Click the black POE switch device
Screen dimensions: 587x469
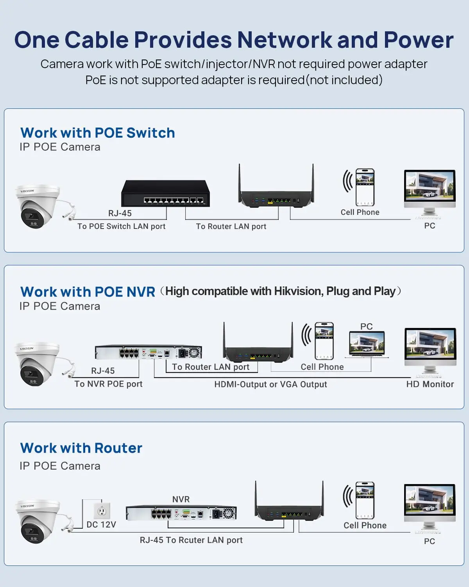tap(165, 194)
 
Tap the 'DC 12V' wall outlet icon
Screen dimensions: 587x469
tap(102, 510)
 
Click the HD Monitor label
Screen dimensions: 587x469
tap(430, 384)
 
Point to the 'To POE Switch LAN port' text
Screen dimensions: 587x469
tap(121, 226)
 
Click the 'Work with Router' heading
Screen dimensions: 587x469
tap(81, 448)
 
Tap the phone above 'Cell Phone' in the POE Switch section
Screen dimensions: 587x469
tap(365, 187)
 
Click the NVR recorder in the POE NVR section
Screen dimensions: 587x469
tap(149, 352)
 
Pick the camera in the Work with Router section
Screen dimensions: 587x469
tap(38, 522)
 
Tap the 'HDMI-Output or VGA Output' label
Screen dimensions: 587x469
tap(270, 384)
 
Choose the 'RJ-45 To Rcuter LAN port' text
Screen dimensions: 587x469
tap(191, 540)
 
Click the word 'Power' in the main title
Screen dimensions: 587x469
tap(418, 40)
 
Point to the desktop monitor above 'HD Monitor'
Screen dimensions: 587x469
tap(430, 348)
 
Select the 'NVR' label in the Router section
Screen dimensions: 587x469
tap(181, 499)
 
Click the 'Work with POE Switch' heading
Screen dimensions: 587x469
tap(98, 133)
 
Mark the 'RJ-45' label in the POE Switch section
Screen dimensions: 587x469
tap(120, 213)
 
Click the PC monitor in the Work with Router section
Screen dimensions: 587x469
tap(430, 505)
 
